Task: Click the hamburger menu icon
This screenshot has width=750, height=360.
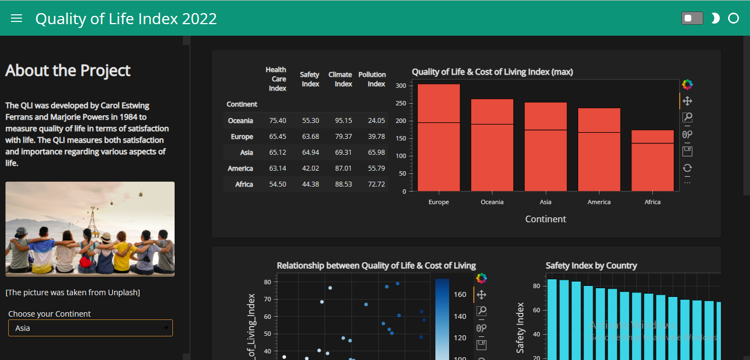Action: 16,18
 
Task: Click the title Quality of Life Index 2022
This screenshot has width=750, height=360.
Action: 126,19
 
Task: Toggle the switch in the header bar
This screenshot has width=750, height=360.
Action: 692,18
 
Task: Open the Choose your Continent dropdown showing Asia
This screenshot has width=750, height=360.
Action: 91,328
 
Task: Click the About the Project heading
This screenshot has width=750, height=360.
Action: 68,71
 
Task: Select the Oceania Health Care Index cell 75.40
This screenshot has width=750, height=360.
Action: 277,121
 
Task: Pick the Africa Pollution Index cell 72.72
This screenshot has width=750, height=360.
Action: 376,184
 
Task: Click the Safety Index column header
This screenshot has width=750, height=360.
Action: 310,79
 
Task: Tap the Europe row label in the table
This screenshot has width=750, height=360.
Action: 242,137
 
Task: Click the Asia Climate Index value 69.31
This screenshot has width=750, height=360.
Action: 343,153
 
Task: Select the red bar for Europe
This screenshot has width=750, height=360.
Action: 439,137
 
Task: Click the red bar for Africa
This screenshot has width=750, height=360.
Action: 652,160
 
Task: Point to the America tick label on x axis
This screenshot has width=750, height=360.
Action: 599,202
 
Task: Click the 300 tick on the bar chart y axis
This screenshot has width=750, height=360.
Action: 400,86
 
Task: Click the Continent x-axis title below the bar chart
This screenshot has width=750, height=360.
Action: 545,219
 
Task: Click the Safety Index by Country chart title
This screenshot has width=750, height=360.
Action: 591,266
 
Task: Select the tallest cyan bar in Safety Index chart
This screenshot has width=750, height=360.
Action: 552,318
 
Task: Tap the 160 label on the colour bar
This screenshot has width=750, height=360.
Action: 460,295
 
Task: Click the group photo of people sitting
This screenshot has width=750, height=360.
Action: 90,229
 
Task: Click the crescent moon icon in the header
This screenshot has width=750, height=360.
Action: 715,19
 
